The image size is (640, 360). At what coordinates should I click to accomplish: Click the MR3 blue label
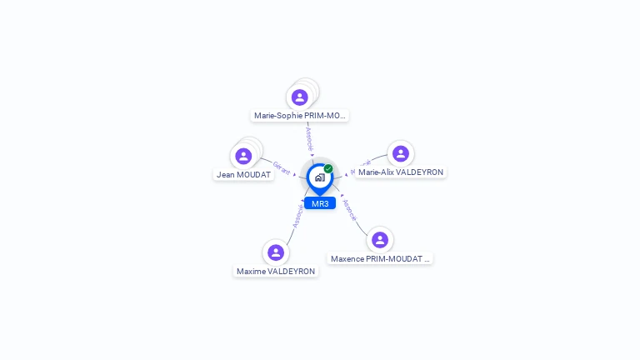320,203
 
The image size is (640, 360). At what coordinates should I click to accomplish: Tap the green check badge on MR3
328,169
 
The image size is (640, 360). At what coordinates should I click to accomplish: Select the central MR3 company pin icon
319,177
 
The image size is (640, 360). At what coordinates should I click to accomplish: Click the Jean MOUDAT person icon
243,156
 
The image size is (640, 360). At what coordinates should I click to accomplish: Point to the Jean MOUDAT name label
243,175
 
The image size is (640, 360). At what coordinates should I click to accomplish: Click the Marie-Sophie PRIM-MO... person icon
300,97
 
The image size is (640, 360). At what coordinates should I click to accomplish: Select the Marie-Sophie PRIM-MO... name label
300,116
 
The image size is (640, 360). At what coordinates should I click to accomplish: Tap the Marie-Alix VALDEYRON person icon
401,153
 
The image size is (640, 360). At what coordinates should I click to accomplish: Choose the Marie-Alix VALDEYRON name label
401,172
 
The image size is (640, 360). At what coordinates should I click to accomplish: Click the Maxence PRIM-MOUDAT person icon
380,240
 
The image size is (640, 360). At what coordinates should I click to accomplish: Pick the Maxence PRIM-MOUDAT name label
380,259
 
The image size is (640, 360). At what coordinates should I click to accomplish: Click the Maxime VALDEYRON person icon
276,252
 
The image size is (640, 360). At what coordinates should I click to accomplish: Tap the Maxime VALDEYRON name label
276,272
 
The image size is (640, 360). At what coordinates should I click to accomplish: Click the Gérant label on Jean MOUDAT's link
282,168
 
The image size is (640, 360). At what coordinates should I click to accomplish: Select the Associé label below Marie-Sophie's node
309,138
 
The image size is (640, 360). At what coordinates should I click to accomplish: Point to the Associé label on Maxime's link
297,216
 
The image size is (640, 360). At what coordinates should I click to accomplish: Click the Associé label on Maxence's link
350,210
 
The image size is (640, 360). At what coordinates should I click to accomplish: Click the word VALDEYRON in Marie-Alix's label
419,172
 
